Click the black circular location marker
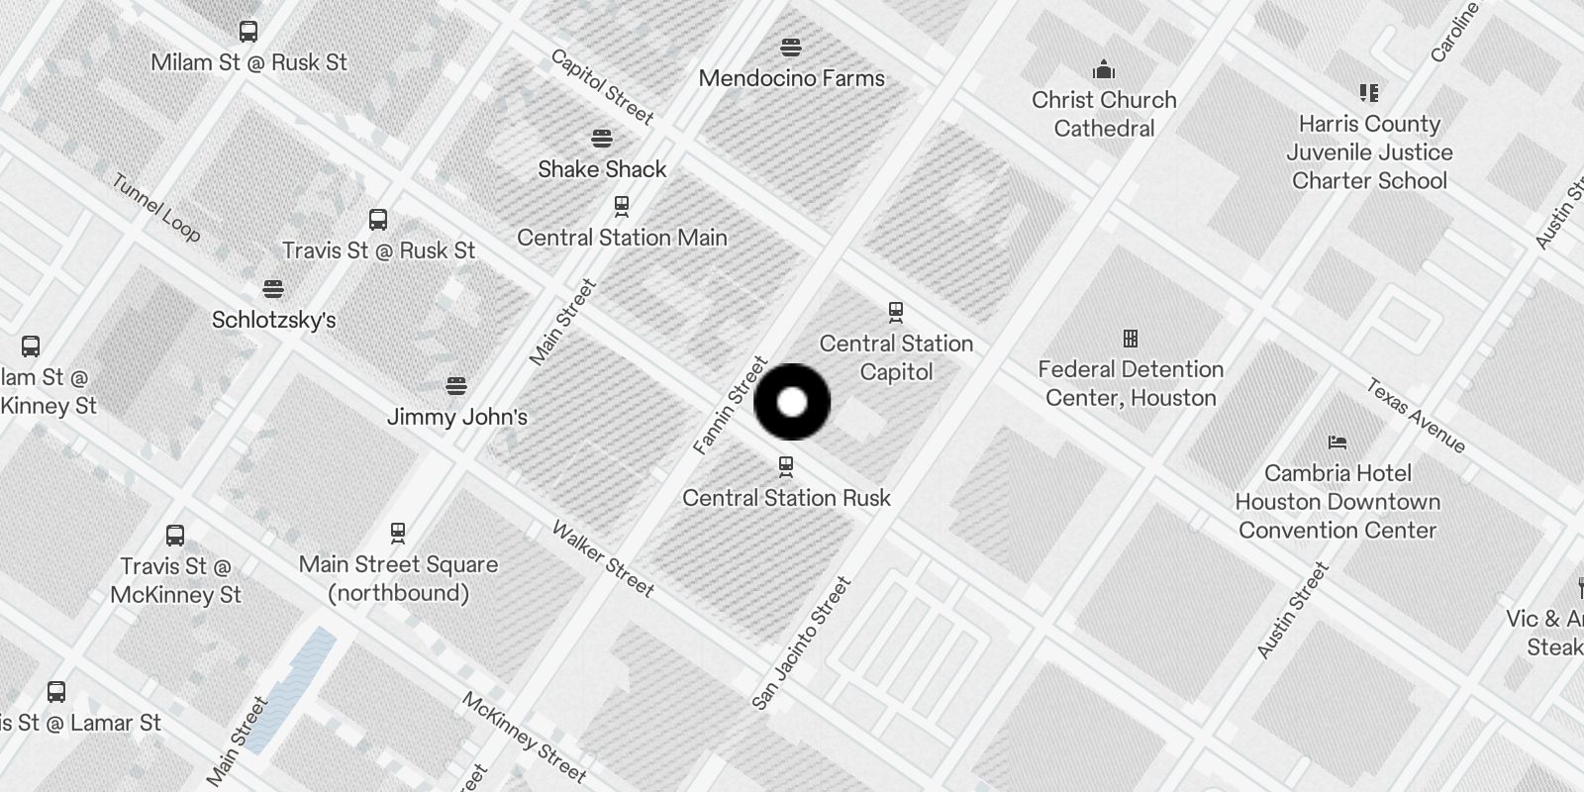click(x=792, y=402)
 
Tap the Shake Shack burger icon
click(x=602, y=138)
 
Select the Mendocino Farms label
click(x=791, y=78)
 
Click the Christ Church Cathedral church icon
click(x=1104, y=69)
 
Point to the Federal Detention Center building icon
click(x=1131, y=339)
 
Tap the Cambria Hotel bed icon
click(x=1337, y=442)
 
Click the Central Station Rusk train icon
click(x=786, y=465)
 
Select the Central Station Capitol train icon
click(x=896, y=313)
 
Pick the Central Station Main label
click(x=622, y=238)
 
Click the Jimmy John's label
click(x=456, y=417)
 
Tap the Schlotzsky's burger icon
click(x=273, y=289)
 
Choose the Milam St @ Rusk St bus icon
click(x=248, y=32)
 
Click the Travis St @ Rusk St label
click(x=378, y=251)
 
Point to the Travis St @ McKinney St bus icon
click(x=175, y=536)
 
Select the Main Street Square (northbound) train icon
click(x=398, y=533)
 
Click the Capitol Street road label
click(x=603, y=87)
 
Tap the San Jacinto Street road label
click(x=801, y=643)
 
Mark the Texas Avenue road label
click(x=1416, y=416)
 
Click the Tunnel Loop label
click(x=156, y=208)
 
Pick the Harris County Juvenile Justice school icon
click(x=1369, y=93)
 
